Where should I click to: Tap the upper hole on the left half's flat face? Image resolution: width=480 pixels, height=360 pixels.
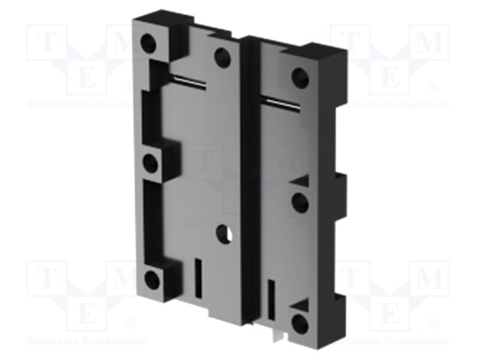click(x=223, y=56)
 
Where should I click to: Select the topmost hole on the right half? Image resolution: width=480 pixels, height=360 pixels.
click(x=301, y=77)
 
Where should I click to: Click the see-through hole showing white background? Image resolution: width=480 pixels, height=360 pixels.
click(x=223, y=234)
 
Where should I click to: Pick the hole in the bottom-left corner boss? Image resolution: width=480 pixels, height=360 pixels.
click(x=152, y=280)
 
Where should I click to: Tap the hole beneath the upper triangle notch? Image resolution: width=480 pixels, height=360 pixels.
click(x=301, y=202)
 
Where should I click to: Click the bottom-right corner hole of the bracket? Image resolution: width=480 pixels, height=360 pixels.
click(x=301, y=324)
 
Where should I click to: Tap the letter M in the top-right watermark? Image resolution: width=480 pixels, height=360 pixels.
click(x=430, y=43)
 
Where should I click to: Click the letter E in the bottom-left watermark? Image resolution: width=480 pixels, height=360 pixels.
click(x=87, y=312)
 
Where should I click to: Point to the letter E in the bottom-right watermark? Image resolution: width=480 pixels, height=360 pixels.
click(x=390, y=312)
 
